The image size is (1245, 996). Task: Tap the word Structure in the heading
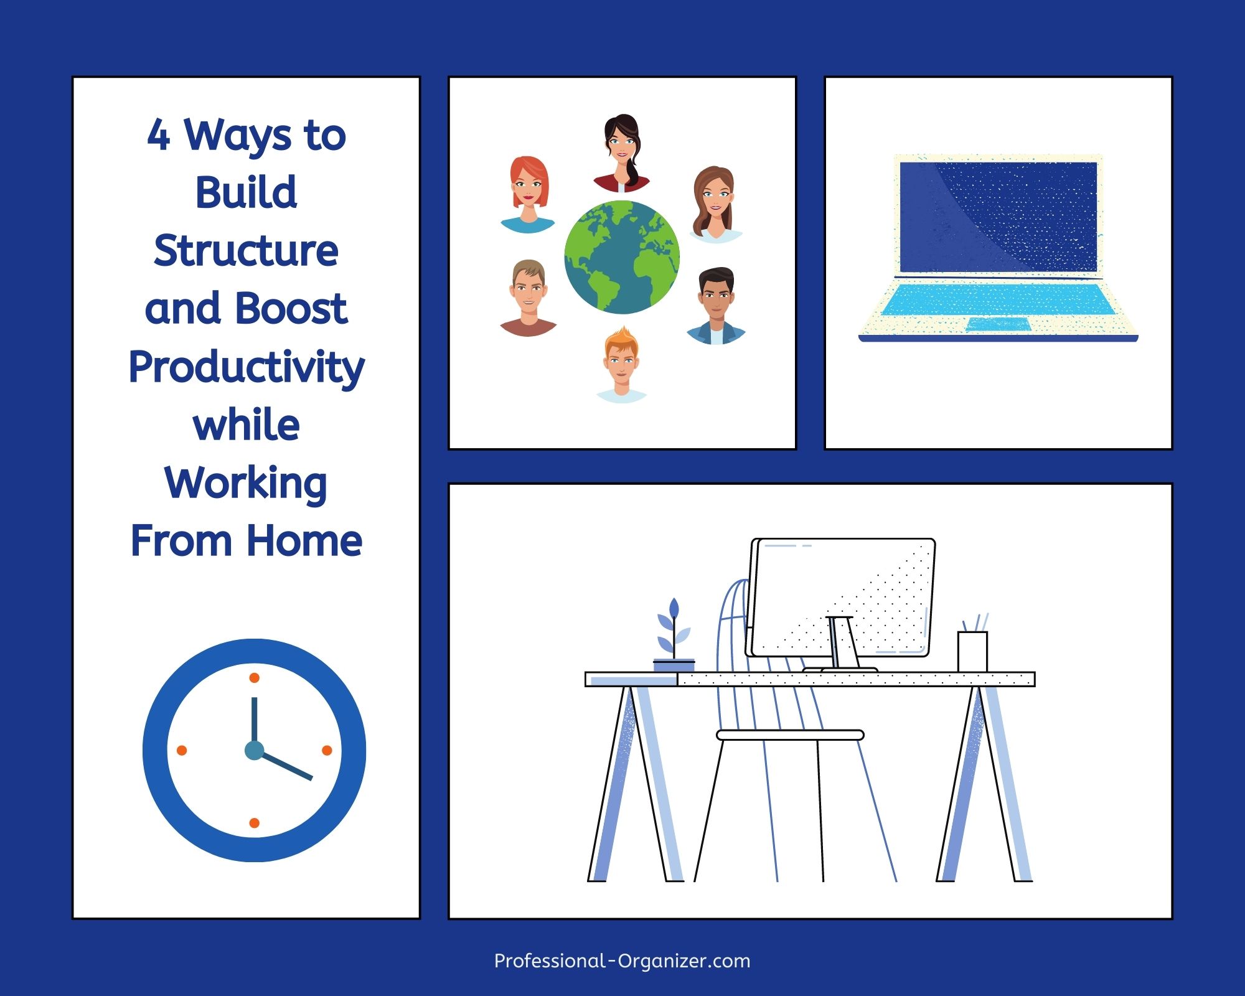[x=247, y=251]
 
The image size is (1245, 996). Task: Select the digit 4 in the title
[x=158, y=135]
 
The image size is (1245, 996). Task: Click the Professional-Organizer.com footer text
[x=622, y=961]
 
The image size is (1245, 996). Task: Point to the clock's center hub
[x=254, y=750]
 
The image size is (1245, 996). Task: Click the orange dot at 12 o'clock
[x=254, y=678]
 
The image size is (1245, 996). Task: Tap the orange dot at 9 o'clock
[x=182, y=750]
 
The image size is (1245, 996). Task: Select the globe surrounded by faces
[x=622, y=257]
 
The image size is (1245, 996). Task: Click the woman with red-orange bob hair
[x=529, y=194]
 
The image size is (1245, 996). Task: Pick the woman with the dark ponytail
[x=622, y=153]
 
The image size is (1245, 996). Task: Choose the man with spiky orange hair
[x=621, y=365]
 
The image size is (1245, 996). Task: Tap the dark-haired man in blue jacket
[x=716, y=306]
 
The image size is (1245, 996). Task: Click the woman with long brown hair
[x=716, y=204]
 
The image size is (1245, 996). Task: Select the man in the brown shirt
[x=528, y=298]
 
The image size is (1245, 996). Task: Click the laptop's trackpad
[x=998, y=324]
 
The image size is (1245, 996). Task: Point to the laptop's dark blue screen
[x=998, y=217]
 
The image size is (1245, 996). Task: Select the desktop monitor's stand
[x=842, y=645]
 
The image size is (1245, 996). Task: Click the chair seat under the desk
[x=791, y=735]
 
